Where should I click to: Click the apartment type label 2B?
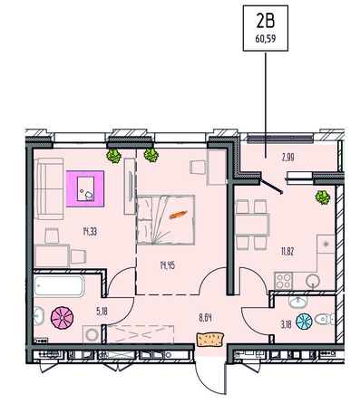click(266, 22)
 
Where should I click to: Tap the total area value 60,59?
click(266, 39)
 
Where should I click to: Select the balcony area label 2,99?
click(288, 158)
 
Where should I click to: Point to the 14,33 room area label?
click(90, 232)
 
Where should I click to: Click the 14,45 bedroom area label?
click(168, 265)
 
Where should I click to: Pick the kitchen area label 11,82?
click(287, 251)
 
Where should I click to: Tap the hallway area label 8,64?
click(205, 318)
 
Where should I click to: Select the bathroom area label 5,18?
click(102, 312)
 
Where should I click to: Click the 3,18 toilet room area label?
click(287, 325)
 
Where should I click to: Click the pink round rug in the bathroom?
click(63, 318)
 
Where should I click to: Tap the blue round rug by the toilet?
click(304, 321)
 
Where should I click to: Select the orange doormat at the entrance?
click(210, 339)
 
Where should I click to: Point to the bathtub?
click(59, 285)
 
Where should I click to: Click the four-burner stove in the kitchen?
click(283, 281)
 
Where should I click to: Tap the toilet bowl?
click(324, 319)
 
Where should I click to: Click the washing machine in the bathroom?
click(92, 334)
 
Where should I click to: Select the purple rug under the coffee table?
click(85, 188)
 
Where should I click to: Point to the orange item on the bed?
click(179, 215)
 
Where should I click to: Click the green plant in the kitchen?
click(323, 197)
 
